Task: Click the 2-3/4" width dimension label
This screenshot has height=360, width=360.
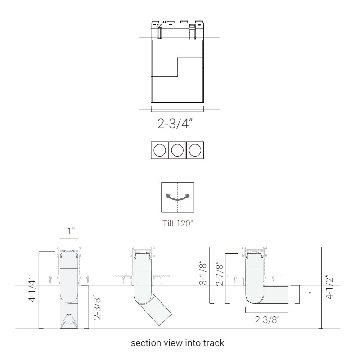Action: [175, 123]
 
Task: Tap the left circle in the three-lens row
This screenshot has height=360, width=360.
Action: [160, 150]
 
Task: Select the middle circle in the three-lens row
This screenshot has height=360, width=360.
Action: [177, 150]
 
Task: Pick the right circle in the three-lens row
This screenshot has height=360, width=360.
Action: [195, 150]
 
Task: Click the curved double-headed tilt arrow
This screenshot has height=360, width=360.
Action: [178, 199]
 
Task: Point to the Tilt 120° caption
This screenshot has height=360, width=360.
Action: [178, 223]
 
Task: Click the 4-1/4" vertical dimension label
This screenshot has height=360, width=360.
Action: [32, 290]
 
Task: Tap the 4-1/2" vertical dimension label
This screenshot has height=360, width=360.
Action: [329, 288]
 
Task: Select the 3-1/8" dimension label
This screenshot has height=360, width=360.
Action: [203, 274]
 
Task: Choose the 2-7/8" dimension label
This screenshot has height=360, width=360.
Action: [220, 274]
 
